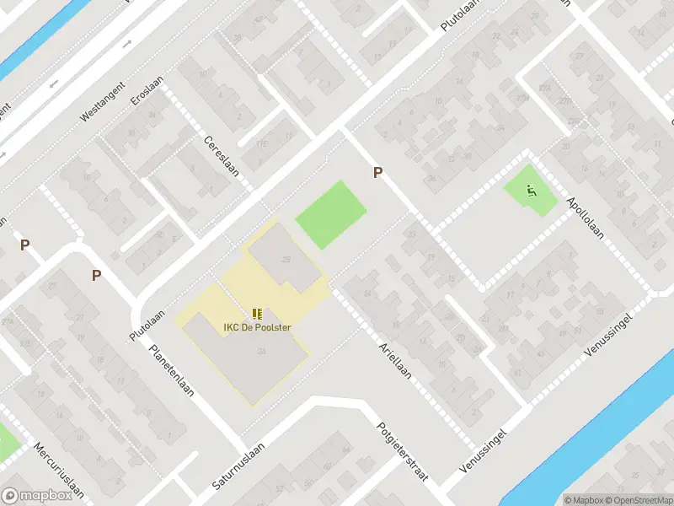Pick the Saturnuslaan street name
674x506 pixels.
[x=239, y=466]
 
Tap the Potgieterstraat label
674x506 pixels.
[x=402, y=452]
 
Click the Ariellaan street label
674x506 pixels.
[x=394, y=360]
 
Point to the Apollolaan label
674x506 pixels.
[x=586, y=217]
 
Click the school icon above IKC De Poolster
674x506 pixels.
[x=257, y=315]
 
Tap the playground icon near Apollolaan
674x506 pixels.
[x=531, y=191]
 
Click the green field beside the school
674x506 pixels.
[x=331, y=214]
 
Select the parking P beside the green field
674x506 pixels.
[x=378, y=172]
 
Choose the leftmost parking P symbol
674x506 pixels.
[x=25, y=245]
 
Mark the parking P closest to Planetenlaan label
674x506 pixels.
[x=96, y=275]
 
